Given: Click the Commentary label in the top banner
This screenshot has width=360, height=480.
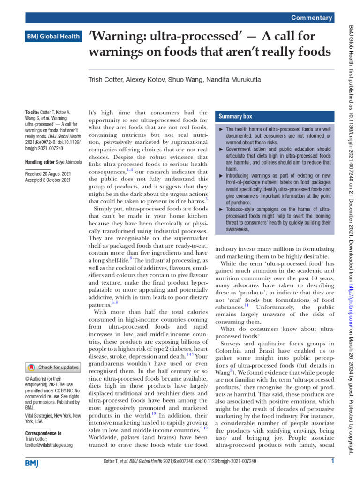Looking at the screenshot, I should tap(312, 18).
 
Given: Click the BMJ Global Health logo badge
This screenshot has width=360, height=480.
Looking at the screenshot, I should tap(53, 36).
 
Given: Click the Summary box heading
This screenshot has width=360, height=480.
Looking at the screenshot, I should tap(235, 116).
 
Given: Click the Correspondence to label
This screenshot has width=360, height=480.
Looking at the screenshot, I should tap(43, 434).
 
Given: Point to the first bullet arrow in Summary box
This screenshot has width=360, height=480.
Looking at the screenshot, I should tap(221, 129).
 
